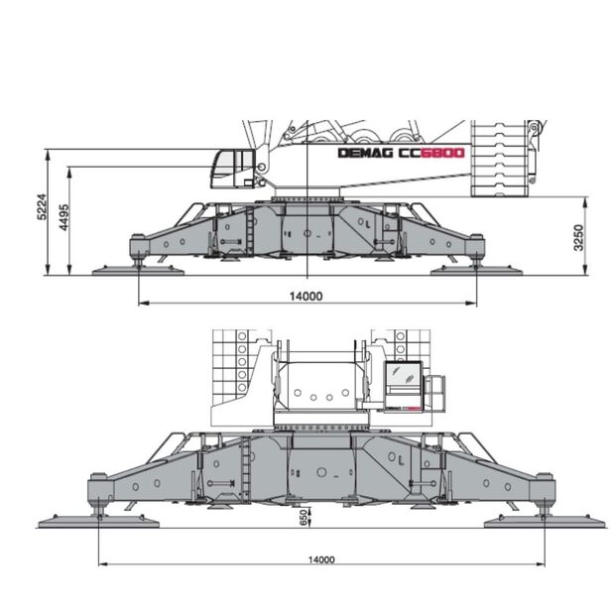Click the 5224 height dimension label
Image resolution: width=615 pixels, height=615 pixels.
pos(42,206)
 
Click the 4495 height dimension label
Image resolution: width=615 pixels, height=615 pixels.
pos(63,217)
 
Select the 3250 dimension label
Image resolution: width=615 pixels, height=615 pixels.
pos(578,238)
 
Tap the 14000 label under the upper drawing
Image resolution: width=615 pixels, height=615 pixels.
pos(307,297)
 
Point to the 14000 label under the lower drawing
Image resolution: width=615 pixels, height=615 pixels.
pos(321,559)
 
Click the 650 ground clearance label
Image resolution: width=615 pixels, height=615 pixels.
pos(304,518)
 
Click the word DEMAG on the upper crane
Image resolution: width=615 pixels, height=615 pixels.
pos(366,153)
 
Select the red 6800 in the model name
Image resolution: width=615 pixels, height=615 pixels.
pos(442,153)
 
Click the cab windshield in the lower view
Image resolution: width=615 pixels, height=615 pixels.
pos(403,374)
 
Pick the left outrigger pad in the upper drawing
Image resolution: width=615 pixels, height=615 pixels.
pos(138,270)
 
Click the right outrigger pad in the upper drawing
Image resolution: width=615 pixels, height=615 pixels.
pos(476,270)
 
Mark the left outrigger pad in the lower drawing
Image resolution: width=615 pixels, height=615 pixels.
pos(99,521)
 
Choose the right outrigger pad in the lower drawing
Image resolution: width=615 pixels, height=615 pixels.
pos(545,521)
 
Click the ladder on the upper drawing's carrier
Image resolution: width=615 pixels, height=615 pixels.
pos(250,230)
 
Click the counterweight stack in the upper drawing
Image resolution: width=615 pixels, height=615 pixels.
pos(499,159)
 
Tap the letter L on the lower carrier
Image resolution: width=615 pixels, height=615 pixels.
pos(401,461)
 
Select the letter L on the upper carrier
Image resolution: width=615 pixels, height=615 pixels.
pos(368,225)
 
